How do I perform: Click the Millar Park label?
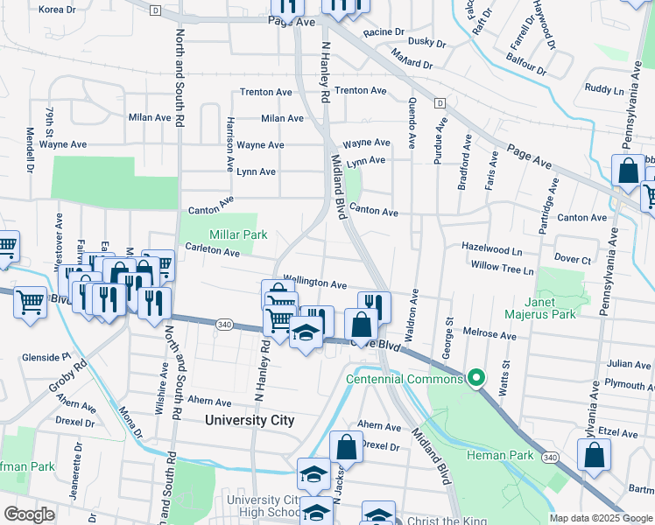coord(238,234)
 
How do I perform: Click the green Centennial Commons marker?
coord(475,378)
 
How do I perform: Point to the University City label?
coord(250,420)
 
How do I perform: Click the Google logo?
coord(29,514)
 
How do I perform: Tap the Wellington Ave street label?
coord(315,283)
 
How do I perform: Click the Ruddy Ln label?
coord(604,88)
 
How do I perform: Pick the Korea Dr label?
coord(58,10)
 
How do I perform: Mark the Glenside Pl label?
coord(46,357)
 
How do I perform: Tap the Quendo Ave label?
coord(411,115)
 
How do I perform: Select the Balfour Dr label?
coord(526,63)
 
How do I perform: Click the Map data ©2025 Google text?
coord(600,518)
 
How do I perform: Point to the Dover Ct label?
coord(574,259)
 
